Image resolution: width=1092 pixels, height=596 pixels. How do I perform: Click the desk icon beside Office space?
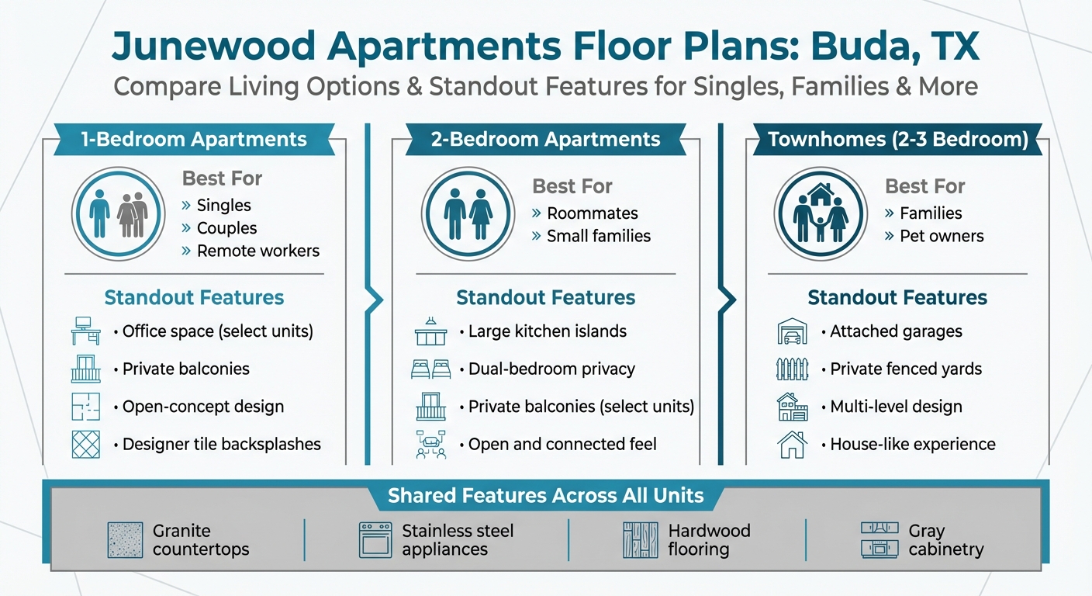click(x=85, y=331)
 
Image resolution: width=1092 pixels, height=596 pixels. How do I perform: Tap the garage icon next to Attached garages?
click(x=792, y=331)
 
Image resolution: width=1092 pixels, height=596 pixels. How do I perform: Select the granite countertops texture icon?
click(x=125, y=540)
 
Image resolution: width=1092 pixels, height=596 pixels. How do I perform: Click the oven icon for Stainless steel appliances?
click(x=375, y=540)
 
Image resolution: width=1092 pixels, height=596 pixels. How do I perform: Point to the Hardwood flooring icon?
click(x=640, y=540)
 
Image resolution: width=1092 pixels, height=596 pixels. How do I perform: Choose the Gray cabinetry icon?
click(x=879, y=540)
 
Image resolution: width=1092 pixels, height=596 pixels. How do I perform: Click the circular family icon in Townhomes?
click(x=820, y=213)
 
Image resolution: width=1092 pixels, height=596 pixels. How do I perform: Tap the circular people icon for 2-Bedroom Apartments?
click(x=468, y=213)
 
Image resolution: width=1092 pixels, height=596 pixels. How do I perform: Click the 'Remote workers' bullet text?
click(x=258, y=251)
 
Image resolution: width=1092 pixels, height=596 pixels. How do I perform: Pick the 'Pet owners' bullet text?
click(x=942, y=236)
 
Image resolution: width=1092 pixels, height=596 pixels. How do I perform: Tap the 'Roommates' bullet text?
click(x=593, y=213)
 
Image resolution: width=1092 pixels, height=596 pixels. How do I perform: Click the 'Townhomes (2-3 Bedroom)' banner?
click(x=897, y=140)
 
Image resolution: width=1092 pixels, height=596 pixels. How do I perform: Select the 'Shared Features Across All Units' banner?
click(x=546, y=495)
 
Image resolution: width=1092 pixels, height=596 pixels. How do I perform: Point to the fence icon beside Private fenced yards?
click(x=792, y=369)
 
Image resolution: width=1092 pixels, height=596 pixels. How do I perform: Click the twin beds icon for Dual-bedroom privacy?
click(x=430, y=369)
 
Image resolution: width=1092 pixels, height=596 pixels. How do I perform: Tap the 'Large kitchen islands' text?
click(x=548, y=331)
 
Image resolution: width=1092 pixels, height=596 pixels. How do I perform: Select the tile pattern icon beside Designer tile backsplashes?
click(x=85, y=444)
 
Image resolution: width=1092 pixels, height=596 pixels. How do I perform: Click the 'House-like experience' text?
click(x=913, y=444)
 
